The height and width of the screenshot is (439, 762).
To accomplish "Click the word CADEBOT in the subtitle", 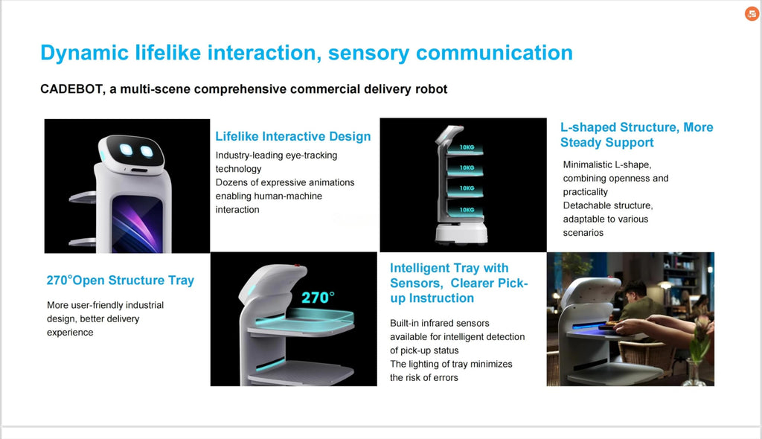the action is [x=71, y=89].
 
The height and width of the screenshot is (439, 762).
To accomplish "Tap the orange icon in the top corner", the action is [x=752, y=13].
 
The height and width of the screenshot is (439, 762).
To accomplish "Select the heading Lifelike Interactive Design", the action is [x=293, y=136].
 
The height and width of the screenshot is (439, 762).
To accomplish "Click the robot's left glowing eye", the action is [x=127, y=150].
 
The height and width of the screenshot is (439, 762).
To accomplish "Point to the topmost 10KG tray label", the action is [x=467, y=147].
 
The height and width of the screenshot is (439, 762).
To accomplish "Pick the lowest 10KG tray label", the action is [x=467, y=210].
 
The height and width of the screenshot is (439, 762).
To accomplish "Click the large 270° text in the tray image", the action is [x=318, y=297].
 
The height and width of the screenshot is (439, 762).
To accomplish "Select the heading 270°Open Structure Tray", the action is [x=121, y=281].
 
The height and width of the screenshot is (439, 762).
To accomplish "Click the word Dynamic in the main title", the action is [x=84, y=53].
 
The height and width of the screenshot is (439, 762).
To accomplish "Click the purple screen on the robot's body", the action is [x=137, y=224].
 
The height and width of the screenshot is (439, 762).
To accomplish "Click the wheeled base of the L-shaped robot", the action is [x=461, y=234].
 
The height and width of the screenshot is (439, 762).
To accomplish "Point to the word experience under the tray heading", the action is [x=70, y=333].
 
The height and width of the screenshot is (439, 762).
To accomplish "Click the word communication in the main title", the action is [x=494, y=53].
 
